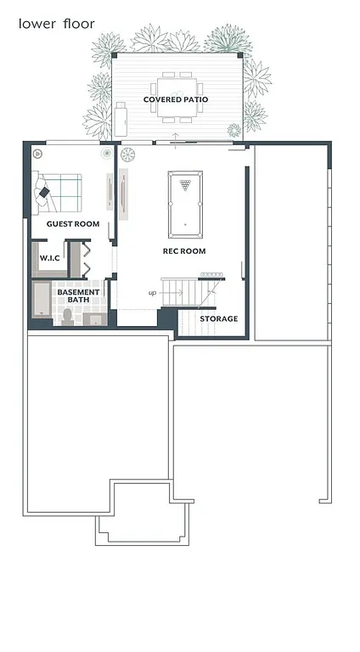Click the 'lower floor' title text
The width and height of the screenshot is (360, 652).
pyautogui.click(x=56, y=24)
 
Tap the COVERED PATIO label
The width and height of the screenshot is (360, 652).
pyautogui.click(x=176, y=99)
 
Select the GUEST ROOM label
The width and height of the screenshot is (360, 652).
pyautogui.click(x=73, y=224)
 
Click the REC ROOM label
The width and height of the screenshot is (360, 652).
pyautogui.click(x=184, y=251)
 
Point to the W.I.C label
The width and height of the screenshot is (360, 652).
pyautogui.click(x=49, y=258)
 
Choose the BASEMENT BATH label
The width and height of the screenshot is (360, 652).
pyautogui.click(x=78, y=296)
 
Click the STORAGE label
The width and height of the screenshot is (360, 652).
pyautogui.click(x=218, y=319)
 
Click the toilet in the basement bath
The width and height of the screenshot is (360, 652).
pyautogui.click(x=68, y=316)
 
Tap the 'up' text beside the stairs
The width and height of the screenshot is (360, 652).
pyautogui.click(x=152, y=293)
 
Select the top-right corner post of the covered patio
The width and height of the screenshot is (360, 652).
pyautogui.click(x=241, y=56)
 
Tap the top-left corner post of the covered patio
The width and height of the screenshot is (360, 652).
pyautogui.click(x=114, y=56)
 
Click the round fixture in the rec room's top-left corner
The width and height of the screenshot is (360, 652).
pyautogui.click(x=128, y=155)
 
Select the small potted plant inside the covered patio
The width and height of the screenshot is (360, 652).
pyautogui.click(x=233, y=130)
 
